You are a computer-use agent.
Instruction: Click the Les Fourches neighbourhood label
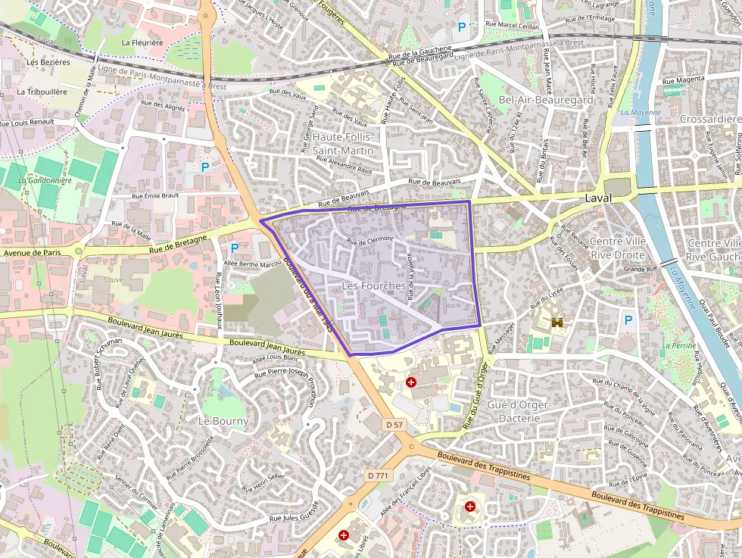click(x=373, y=285)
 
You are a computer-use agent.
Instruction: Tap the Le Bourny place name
click(x=223, y=421)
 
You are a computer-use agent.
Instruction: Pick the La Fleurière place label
click(x=142, y=43)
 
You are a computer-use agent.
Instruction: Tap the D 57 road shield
click(x=394, y=425)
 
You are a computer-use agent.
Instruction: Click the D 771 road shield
click(x=377, y=475)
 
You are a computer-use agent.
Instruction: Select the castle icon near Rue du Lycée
click(x=560, y=322)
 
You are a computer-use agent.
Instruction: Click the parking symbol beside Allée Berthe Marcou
click(x=234, y=248)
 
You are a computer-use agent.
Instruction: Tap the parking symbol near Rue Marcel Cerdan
click(x=461, y=27)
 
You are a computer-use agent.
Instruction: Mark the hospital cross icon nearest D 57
click(x=411, y=382)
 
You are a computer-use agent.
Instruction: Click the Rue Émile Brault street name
click(x=154, y=195)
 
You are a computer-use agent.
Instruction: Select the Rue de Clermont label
click(x=370, y=240)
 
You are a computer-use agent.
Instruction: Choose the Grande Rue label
click(x=641, y=269)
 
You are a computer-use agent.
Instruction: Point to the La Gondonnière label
click(x=44, y=180)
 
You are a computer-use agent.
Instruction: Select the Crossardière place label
click(x=709, y=119)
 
